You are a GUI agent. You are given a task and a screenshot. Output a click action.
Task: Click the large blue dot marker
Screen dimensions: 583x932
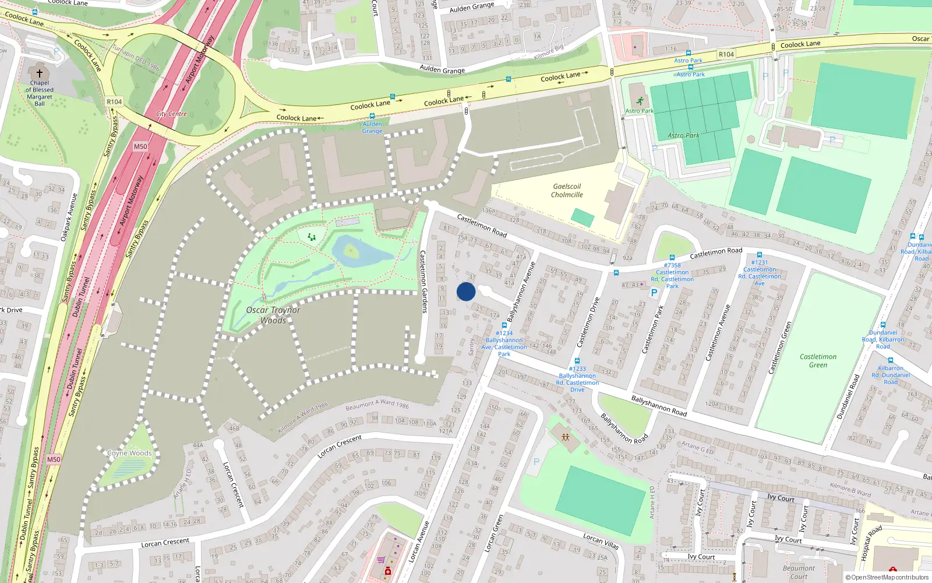pyautogui.click(x=466, y=291)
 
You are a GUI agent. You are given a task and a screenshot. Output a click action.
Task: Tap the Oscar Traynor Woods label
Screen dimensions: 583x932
pyautogui.click(x=273, y=315)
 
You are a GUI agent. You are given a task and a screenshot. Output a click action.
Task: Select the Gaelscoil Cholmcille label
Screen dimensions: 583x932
pyautogui.click(x=567, y=191)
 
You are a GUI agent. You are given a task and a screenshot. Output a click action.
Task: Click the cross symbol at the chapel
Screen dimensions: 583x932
pyautogui.click(x=40, y=73)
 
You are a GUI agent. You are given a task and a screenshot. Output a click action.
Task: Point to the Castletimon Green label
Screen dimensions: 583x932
pyautogui.click(x=818, y=360)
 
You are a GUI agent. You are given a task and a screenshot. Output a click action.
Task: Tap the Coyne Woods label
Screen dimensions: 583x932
pyautogui.click(x=129, y=453)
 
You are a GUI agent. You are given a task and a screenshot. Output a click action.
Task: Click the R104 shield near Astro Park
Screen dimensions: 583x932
pyautogui.click(x=726, y=54)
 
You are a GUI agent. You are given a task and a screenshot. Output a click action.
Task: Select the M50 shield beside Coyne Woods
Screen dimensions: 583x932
pyautogui.click(x=54, y=459)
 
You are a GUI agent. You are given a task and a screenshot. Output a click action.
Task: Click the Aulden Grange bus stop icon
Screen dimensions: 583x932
pyautogui.click(x=372, y=116)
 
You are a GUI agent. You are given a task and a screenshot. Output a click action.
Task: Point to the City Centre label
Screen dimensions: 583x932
pyautogui.click(x=171, y=114)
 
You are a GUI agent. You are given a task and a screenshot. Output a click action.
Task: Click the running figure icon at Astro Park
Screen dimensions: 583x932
pyautogui.click(x=640, y=101)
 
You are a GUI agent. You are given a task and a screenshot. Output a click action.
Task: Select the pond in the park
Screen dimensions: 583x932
pyautogui.click(x=358, y=251)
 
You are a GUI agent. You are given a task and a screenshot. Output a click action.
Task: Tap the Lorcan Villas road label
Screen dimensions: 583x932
pyautogui.click(x=601, y=542)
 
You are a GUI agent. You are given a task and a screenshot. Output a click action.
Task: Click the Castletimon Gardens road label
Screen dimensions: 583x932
pyautogui.click(x=423, y=282)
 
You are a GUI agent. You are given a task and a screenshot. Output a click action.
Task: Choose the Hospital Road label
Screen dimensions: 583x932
pyautogui.click(x=872, y=543)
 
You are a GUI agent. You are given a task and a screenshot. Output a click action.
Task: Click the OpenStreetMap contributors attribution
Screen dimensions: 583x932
pyautogui.click(x=887, y=577)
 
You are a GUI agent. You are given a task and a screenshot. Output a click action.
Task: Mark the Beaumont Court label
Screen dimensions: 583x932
pyautogui.click(x=799, y=572)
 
